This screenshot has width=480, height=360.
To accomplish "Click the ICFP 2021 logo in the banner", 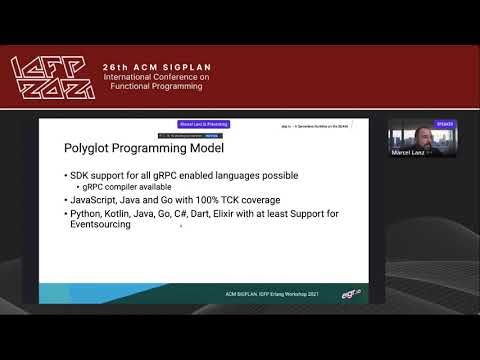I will (52, 78).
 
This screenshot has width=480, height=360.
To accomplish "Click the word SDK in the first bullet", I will (82, 176).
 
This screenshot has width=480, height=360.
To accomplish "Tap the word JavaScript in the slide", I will (96, 199).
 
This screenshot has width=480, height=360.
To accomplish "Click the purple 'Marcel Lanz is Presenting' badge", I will (203, 124).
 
